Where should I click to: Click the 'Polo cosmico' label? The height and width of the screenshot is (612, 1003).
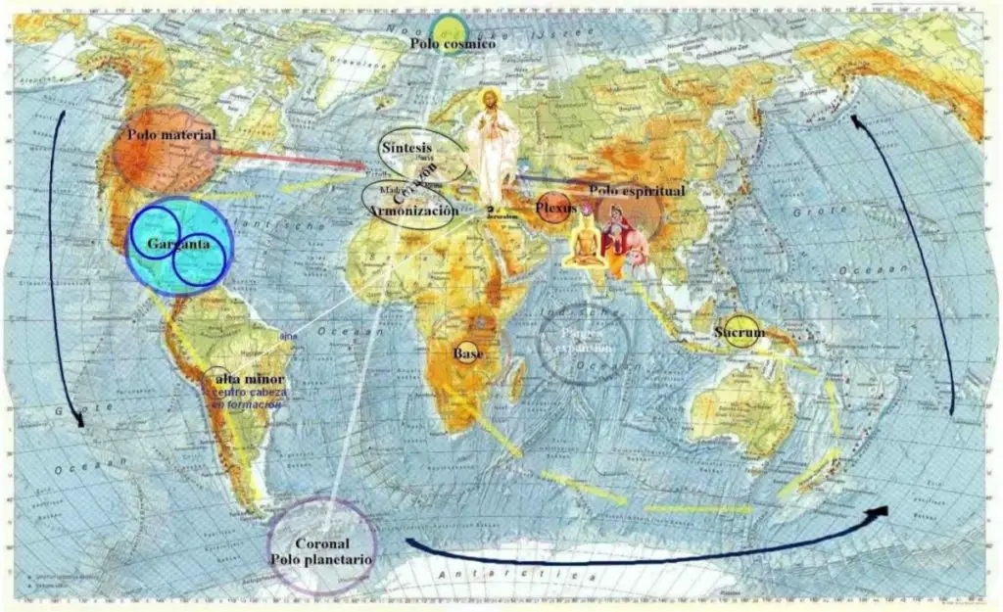[x=454, y=44]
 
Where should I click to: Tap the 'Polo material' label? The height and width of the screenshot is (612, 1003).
[x=171, y=134]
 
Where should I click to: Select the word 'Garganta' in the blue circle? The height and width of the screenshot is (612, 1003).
[x=179, y=245]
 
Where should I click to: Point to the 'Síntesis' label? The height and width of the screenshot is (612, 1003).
[x=406, y=147]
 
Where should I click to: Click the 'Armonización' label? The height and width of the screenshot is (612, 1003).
[x=412, y=211]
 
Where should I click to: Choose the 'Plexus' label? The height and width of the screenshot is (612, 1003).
[x=553, y=209]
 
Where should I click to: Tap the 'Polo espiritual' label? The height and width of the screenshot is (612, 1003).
[x=637, y=191]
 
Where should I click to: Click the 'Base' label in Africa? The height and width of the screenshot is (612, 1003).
[x=465, y=353]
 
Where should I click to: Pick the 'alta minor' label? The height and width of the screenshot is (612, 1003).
[x=249, y=379]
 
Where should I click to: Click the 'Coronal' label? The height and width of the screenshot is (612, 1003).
[x=322, y=543]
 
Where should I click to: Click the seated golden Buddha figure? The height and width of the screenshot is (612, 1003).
[x=584, y=243]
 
